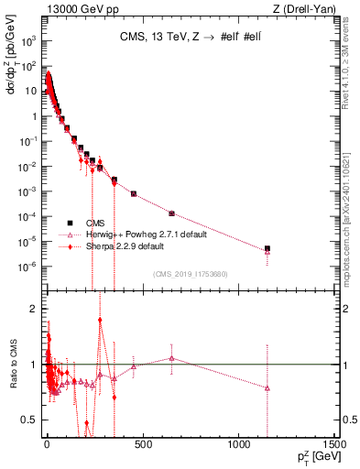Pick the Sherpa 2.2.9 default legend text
point(125,246)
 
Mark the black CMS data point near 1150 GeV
point(267,248)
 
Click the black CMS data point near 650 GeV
point(171,213)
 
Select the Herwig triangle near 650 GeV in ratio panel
point(171,358)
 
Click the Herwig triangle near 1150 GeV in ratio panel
point(267,387)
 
